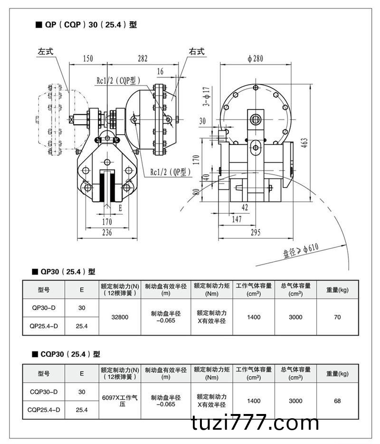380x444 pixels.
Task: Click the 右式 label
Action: coord(196,52)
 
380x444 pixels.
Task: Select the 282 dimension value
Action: coord(142,59)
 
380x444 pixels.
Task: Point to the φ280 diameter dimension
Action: coord(256,59)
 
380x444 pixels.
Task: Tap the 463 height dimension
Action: coord(304,142)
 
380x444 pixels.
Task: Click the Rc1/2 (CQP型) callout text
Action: coord(119,81)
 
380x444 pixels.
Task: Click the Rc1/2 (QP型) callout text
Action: coord(171,172)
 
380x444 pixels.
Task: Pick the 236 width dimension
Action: coord(107,232)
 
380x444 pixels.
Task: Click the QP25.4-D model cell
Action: coord(44,326)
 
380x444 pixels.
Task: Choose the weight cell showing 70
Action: coord(337,317)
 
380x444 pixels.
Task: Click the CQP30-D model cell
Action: coord(44,392)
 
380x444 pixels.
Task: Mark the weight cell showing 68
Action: coord(337,401)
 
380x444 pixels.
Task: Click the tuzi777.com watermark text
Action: coord(256,422)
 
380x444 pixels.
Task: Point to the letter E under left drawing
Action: coord(120,208)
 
